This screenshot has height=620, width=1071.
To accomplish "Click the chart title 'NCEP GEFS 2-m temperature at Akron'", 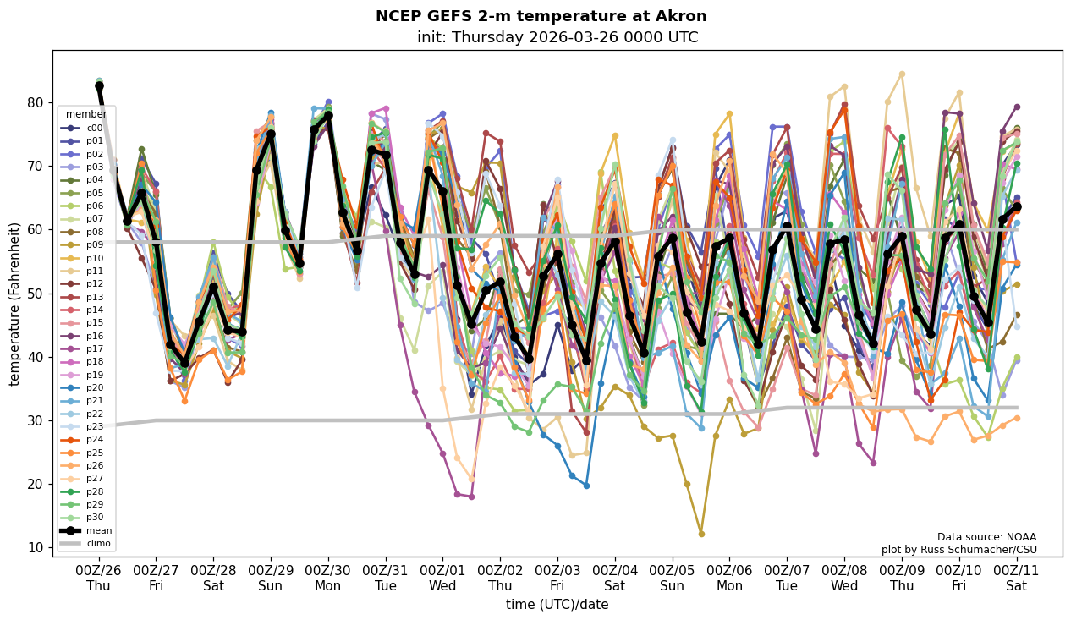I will click(x=541, y=16).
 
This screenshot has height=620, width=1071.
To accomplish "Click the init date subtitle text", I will click(x=557, y=37).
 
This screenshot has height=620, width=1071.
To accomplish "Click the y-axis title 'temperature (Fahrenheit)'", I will click(x=14, y=304).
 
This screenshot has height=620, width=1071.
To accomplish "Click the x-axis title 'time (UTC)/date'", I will click(x=557, y=604).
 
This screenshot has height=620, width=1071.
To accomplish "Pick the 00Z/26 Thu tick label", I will click(x=99, y=578).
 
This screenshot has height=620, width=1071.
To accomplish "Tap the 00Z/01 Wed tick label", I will click(x=443, y=578).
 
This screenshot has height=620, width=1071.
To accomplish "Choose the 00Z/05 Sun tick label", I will click(x=673, y=578).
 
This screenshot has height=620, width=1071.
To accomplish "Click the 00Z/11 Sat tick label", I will click(x=1017, y=578).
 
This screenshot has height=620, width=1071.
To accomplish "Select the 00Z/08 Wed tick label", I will click(x=844, y=578).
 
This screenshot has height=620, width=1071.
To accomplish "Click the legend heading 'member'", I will click(x=86, y=114).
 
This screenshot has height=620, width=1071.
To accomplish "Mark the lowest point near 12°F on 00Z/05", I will click(x=701, y=534).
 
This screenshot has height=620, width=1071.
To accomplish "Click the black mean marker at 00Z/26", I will click(x=99, y=86).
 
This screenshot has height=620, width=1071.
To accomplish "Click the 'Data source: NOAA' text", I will click(x=986, y=537).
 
